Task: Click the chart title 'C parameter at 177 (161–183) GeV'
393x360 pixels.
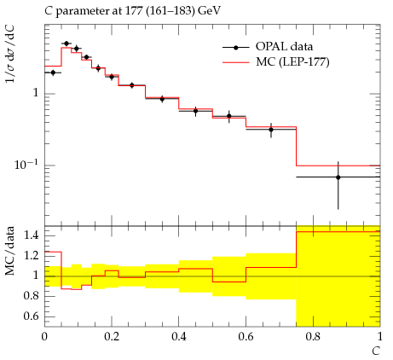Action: (x=132, y=11)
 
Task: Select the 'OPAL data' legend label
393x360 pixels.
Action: (x=284, y=46)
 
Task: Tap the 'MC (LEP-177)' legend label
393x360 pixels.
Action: (x=292, y=61)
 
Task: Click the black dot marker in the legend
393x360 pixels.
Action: (x=235, y=48)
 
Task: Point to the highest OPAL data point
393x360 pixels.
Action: (x=66, y=44)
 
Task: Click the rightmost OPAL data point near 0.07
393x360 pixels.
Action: (x=338, y=177)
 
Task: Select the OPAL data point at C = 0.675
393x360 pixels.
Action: (x=271, y=130)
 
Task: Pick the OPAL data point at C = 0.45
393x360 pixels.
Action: (x=195, y=111)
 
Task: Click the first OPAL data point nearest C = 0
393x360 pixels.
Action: (x=53, y=73)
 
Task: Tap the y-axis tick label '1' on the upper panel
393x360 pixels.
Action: (x=36, y=93)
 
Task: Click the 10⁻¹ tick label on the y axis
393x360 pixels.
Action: (x=26, y=164)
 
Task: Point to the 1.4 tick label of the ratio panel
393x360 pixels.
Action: (x=31, y=235)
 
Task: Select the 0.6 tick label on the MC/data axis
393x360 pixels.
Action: (x=31, y=316)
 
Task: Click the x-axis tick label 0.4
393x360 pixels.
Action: (x=179, y=336)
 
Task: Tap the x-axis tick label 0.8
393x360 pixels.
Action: (x=313, y=336)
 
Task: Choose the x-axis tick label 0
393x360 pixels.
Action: (x=44, y=336)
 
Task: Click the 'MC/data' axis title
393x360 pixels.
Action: (x=10, y=251)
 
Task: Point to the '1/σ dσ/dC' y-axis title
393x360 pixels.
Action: (x=10, y=54)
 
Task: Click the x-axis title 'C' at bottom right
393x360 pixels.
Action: (x=376, y=351)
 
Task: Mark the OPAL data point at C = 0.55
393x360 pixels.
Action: (x=229, y=116)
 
